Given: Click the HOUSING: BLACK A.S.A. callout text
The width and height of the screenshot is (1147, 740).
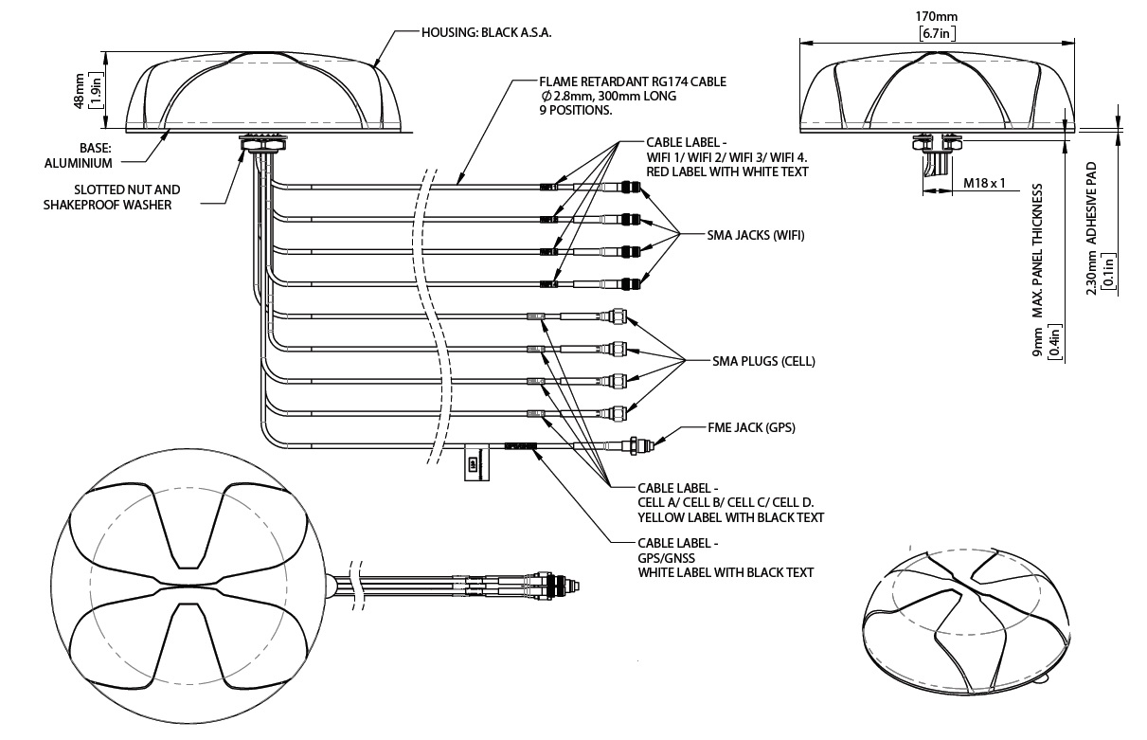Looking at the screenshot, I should tap(486, 31).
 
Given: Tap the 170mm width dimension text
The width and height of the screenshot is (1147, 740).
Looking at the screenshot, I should tap(938, 17).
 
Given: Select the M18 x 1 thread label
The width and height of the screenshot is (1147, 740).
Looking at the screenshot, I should tap(983, 182).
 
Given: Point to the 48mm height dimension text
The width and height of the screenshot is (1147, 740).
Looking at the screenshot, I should tap(80, 91).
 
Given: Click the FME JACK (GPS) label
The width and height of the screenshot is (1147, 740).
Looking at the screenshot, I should tap(751, 427).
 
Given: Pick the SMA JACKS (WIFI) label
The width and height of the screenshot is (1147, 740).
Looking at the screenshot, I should tap(756, 234).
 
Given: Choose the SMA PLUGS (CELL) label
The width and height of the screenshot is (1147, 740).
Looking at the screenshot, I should tap(763, 361).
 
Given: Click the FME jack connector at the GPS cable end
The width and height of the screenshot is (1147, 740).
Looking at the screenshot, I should tap(636, 443).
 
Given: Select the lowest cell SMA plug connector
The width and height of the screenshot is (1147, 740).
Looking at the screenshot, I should tap(618, 412).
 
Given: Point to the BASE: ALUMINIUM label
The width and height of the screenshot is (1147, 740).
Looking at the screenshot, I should tap(79, 156).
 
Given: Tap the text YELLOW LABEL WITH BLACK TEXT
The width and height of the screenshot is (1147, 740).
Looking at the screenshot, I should tap(730, 517).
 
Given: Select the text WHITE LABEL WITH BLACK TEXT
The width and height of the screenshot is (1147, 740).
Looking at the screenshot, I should tap(726, 572).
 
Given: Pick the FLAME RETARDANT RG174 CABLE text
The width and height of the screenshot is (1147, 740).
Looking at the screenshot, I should tap(633, 82).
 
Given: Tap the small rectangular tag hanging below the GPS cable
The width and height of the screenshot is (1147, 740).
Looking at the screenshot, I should tap(474, 464).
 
